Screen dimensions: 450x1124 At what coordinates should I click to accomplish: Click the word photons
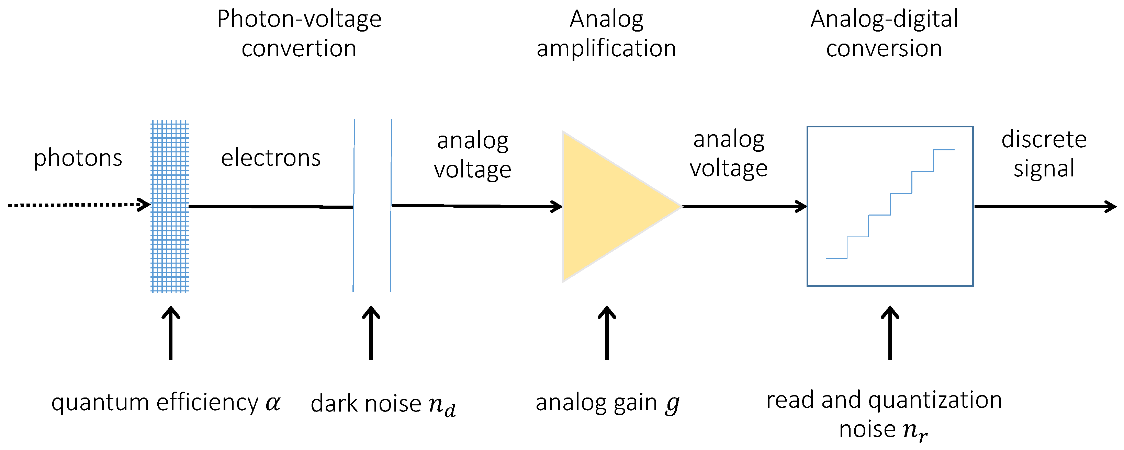click(x=78, y=158)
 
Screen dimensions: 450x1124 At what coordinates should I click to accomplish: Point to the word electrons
click(x=271, y=158)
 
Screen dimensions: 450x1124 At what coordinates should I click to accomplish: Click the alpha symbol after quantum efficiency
click(x=273, y=402)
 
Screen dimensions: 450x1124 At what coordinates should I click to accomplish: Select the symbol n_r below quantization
click(x=915, y=431)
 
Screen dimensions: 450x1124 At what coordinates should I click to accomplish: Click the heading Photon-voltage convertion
click(x=299, y=34)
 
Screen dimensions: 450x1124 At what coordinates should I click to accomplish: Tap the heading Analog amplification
click(x=607, y=34)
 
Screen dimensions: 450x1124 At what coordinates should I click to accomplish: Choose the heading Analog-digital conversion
click(x=884, y=34)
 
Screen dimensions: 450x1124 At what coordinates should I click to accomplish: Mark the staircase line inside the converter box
click(x=890, y=204)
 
